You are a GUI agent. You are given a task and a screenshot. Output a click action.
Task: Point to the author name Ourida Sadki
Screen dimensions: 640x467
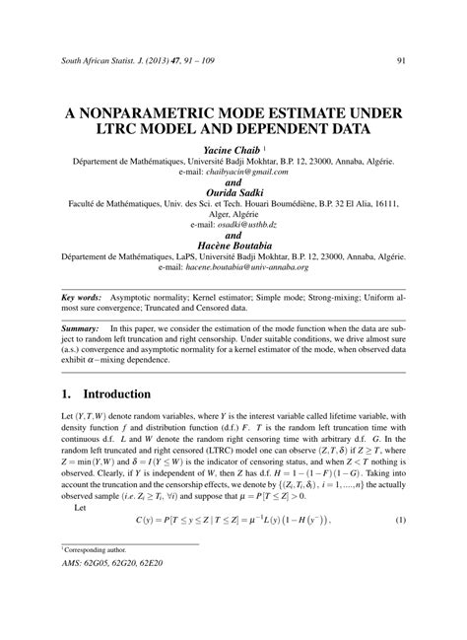[x=233, y=192]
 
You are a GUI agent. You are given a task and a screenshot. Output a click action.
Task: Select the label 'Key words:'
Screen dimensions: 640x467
[x=81, y=295]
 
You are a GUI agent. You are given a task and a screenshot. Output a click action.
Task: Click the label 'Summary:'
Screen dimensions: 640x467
[x=80, y=326]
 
